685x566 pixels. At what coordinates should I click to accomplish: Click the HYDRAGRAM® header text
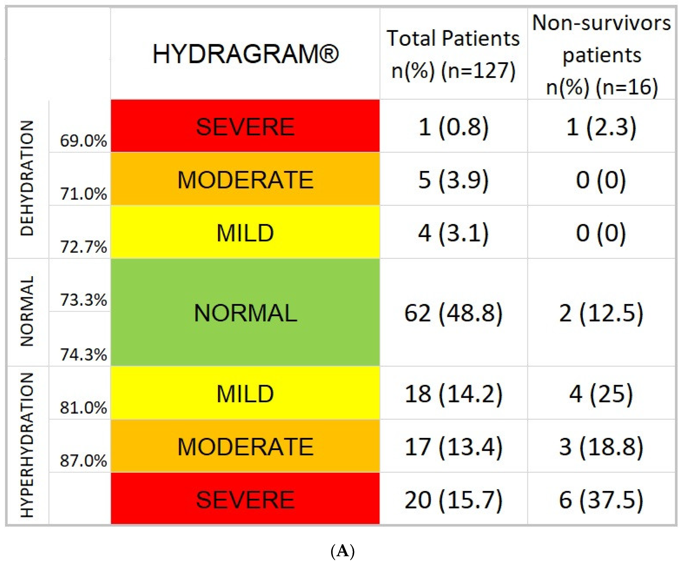[245, 54]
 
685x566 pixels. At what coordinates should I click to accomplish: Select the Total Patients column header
[453, 54]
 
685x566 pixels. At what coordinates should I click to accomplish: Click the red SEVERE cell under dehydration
[245, 127]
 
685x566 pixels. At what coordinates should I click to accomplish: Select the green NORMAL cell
[245, 313]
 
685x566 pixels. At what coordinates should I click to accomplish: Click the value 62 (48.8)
[453, 313]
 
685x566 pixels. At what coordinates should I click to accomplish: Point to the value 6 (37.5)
[601, 499]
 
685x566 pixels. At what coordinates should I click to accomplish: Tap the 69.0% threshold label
[83, 141]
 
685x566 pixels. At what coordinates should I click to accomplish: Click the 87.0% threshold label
[83, 461]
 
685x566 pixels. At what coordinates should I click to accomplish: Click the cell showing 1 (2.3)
[601, 127]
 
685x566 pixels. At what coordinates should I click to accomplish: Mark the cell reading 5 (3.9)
[453, 179]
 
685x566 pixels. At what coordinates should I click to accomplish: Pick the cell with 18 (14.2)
[453, 394]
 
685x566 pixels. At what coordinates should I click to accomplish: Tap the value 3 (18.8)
[601, 446]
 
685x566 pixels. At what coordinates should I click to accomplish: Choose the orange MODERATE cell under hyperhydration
[245, 446]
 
